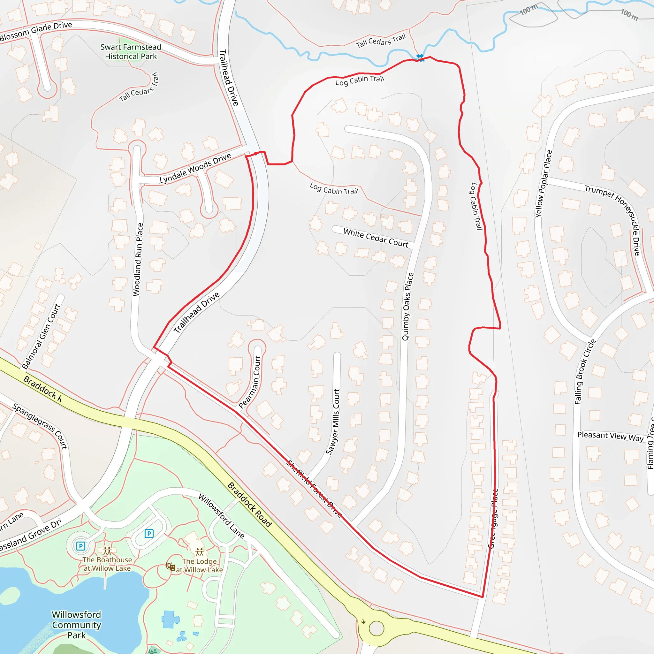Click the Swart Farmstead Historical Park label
(x=131, y=52)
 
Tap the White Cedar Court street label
(x=376, y=238)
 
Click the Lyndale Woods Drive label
(x=195, y=168)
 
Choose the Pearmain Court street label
(x=250, y=382)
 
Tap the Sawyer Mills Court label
(x=333, y=422)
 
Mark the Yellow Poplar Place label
(x=543, y=184)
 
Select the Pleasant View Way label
(x=610, y=436)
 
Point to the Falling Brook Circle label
(x=585, y=372)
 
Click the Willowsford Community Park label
(x=77, y=625)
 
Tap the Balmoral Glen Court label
(x=41, y=336)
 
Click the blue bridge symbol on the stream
(x=420, y=57)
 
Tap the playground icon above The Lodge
(x=200, y=552)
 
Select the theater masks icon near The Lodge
(x=171, y=566)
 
